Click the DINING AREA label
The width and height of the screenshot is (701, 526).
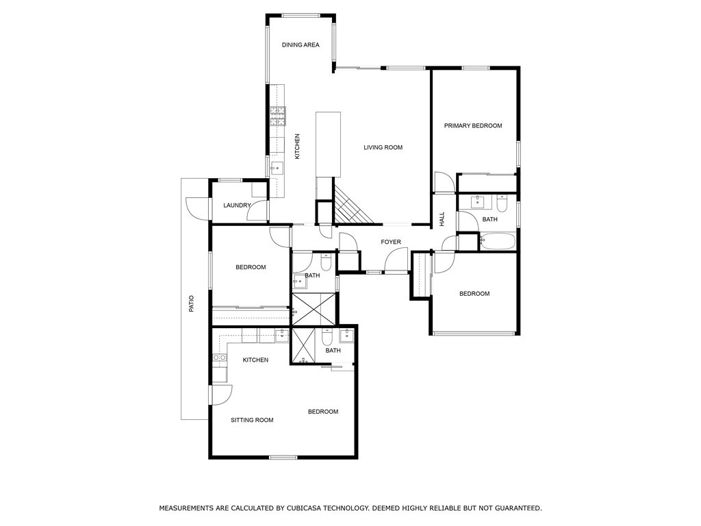301,45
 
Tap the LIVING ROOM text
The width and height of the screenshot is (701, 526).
383,147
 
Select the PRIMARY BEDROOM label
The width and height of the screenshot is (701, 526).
473,125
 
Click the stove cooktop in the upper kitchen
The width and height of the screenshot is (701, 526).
277,116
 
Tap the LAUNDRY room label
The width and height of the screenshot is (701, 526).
237,205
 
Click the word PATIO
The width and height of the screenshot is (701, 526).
192,303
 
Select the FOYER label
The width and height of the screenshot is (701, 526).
391,242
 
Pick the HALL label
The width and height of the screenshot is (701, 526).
442,219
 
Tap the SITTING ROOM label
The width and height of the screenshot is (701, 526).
252,420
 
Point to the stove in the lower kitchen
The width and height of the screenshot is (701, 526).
219,358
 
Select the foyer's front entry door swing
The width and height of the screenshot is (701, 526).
395,261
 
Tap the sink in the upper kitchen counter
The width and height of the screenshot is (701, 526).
277,166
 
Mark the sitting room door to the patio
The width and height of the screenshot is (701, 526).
220,395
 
